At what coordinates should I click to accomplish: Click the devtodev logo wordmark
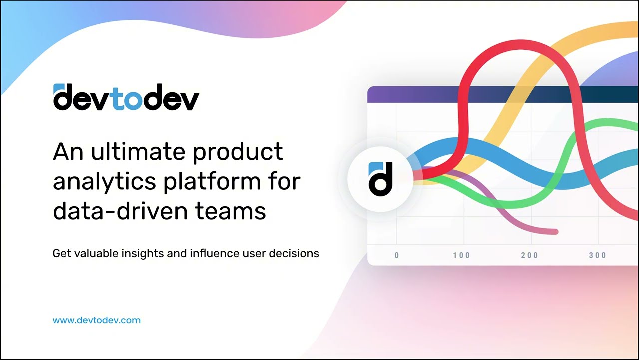click(126, 97)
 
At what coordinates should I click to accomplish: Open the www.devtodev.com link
click(97, 320)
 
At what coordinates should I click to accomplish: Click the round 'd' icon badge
click(380, 178)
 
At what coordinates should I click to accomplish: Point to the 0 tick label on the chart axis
click(397, 256)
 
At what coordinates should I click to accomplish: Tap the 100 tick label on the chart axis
click(462, 256)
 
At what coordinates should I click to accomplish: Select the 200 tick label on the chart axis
click(530, 256)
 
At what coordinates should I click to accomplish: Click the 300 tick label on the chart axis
click(597, 256)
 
